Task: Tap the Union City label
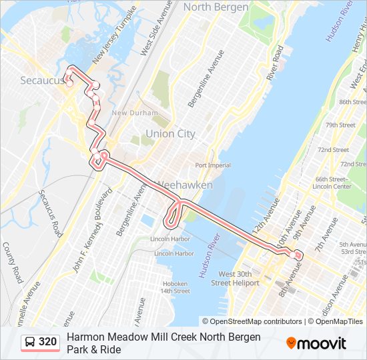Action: [170, 133]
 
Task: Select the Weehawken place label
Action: [184, 185]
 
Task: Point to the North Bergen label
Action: [216, 7]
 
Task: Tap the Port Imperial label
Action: [213, 165]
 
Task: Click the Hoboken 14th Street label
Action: [175, 287]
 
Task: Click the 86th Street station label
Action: [353, 102]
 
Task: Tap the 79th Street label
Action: [340, 125]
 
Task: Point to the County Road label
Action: [13, 262]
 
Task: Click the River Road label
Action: [275, 63]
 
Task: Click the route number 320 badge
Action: [47, 342]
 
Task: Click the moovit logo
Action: [316, 343]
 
